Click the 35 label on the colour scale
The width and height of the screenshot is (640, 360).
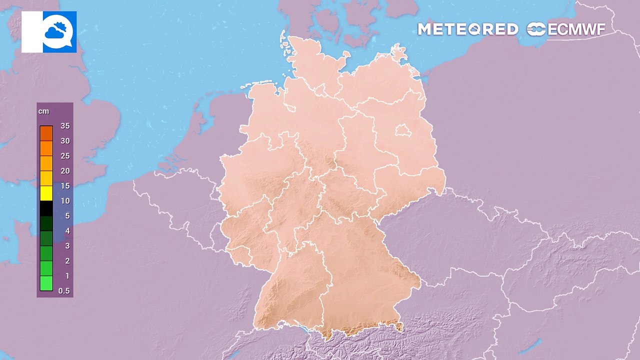64,126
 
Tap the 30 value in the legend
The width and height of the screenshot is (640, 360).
64,141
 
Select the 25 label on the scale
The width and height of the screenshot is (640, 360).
64,156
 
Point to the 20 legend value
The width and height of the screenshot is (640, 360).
64,171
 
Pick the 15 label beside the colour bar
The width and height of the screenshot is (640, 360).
64,186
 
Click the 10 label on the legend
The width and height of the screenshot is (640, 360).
64,201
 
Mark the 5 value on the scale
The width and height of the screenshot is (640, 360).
67,216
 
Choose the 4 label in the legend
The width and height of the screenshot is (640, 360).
67,231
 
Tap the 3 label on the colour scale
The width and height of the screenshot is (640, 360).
67,246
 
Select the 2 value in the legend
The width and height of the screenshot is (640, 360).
67,261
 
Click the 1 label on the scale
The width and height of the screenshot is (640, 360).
67,276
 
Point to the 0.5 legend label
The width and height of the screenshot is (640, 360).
64,291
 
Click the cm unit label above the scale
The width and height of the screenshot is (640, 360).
43,111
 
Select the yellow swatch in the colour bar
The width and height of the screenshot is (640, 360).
46,193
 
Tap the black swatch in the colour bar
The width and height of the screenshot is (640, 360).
46,208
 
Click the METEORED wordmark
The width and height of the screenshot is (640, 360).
467,29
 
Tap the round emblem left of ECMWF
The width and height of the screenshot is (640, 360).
536,29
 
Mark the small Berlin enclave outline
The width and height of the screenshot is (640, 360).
402,131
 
